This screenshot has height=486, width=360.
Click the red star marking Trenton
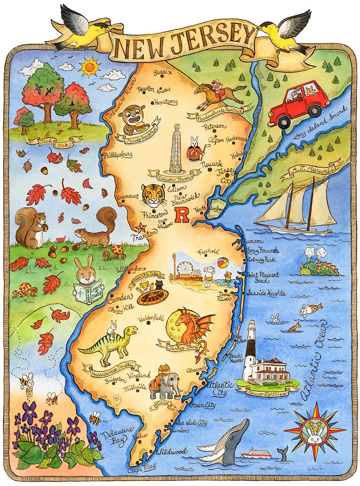141,227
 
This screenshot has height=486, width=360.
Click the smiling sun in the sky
90,67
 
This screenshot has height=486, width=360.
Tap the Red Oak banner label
55,141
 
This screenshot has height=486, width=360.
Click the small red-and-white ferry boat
256,454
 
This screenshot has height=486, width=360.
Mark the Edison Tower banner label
175,173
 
